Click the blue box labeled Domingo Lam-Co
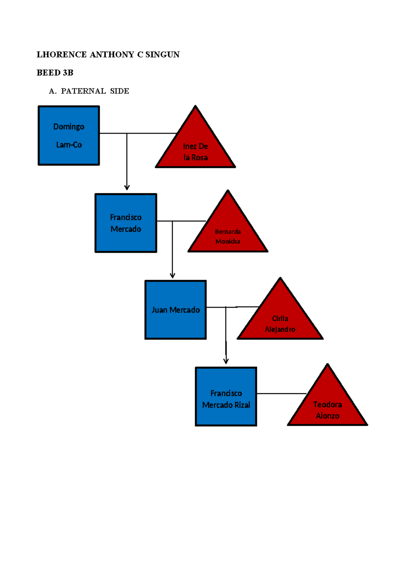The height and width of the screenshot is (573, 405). (x=69, y=135)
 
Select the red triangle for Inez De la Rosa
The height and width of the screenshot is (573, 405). (x=195, y=149)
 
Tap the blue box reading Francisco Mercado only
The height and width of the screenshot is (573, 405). (x=126, y=223)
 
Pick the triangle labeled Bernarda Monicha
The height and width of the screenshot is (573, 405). (x=228, y=233)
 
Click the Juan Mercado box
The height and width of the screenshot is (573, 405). (x=175, y=310)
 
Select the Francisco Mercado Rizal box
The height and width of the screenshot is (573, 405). (x=226, y=397)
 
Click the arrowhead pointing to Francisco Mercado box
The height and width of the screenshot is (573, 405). (x=127, y=188)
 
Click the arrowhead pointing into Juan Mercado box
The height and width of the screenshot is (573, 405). (x=172, y=275)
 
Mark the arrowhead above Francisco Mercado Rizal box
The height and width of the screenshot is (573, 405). (x=226, y=361)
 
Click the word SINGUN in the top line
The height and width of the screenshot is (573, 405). (x=162, y=55)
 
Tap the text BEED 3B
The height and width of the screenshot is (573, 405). (x=55, y=73)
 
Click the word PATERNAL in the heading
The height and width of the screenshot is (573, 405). (x=83, y=91)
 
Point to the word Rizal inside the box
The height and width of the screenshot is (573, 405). (x=242, y=405)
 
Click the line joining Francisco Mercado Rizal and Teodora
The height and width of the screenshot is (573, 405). (x=281, y=394)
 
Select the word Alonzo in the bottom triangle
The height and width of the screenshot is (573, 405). (x=327, y=416)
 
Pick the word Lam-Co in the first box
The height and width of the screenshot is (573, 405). (x=69, y=145)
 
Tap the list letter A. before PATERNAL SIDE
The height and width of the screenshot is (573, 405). (x=52, y=91)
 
